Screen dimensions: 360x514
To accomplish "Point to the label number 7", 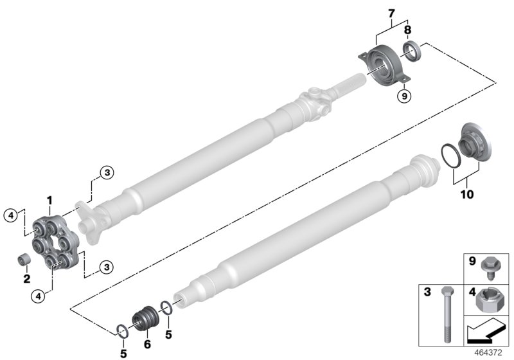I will [x=392, y=14].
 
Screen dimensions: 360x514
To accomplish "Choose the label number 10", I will [x=467, y=193].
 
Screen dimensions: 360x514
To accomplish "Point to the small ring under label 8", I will [x=411, y=50].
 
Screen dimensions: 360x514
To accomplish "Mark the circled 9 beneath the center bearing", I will [x=403, y=96].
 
